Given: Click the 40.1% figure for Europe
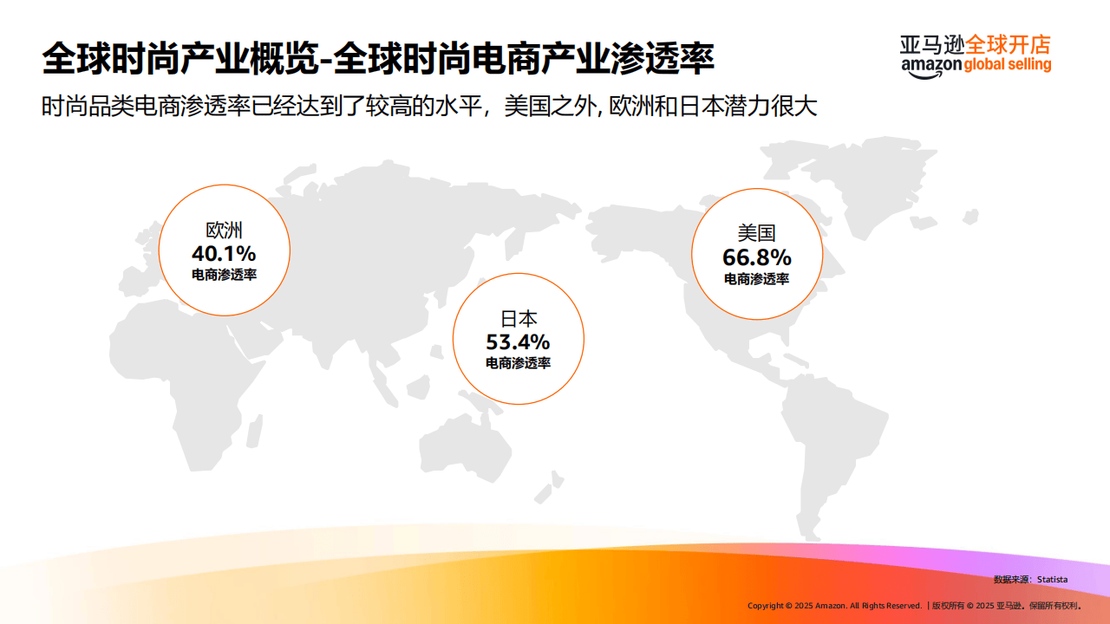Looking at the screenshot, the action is click(x=224, y=254).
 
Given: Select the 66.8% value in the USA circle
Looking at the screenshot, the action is click(x=757, y=257).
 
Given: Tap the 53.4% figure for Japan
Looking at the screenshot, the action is click(x=518, y=342).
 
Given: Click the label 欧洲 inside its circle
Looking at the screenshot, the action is click(x=224, y=231).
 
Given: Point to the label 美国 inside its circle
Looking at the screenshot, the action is click(x=757, y=233).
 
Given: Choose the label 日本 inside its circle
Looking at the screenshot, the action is click(x=519, y=319).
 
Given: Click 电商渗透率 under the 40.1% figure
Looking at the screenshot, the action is click(x=224, y=275).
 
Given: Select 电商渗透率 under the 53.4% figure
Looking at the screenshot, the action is click(x=518, y=363).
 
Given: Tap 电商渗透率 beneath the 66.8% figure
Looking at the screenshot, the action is click(x=757, y=279).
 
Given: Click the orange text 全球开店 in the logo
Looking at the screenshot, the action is click(x=1008, y=45).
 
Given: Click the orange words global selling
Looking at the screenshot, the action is click(x=1008, y=64).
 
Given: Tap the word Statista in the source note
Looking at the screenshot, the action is click(x=1052, y=580).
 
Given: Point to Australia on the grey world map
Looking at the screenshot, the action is click(x=463, y=448).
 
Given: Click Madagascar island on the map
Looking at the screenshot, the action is click(x=255, y=432).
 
